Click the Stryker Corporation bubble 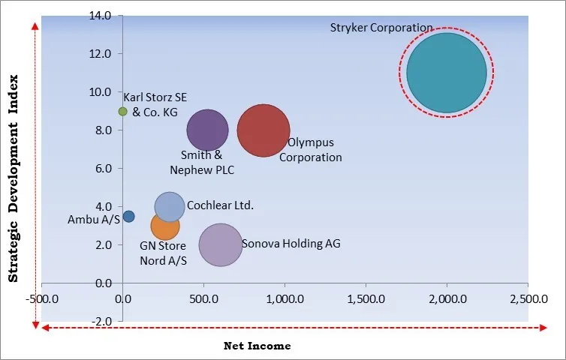point(447,73)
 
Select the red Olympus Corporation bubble point(263,130)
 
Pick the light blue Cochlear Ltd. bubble point(170,206)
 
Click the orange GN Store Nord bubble point(165,225)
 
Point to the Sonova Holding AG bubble point(221,244)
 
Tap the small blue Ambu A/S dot point(128,217)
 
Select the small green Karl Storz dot point(123,111)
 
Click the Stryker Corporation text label point(381,28)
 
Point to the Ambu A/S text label point(93,220)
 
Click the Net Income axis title point(257,346)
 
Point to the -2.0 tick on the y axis point(101,321)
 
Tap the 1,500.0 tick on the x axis point(366,298)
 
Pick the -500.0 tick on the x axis point(42,298)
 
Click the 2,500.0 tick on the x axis point(528,298)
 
